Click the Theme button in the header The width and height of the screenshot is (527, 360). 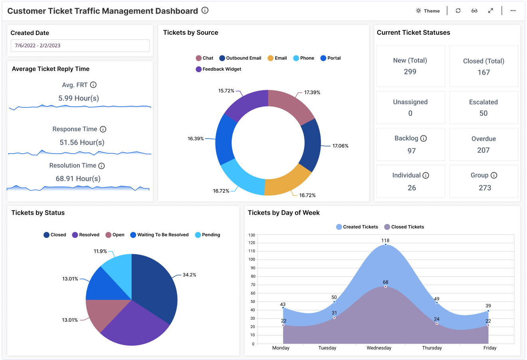(428, 11)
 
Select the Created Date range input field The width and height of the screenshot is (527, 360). (80, 45)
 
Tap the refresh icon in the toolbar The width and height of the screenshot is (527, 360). (458, 11)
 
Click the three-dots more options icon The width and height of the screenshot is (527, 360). (513, 11)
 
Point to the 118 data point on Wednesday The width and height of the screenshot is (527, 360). (385, 244)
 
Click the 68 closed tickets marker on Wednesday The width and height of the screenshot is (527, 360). (385, 287)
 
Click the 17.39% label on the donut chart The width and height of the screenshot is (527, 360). (312, 92)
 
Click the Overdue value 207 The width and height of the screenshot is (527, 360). (483, 150)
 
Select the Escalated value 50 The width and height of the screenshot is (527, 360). (483, 113)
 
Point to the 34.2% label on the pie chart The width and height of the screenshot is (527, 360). (189, 275)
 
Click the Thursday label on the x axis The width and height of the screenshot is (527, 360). (432, 348)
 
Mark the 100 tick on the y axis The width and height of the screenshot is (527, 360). (252, 259)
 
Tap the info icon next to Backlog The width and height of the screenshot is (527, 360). (424, 138)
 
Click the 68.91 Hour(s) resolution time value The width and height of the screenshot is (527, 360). (78, 178)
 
